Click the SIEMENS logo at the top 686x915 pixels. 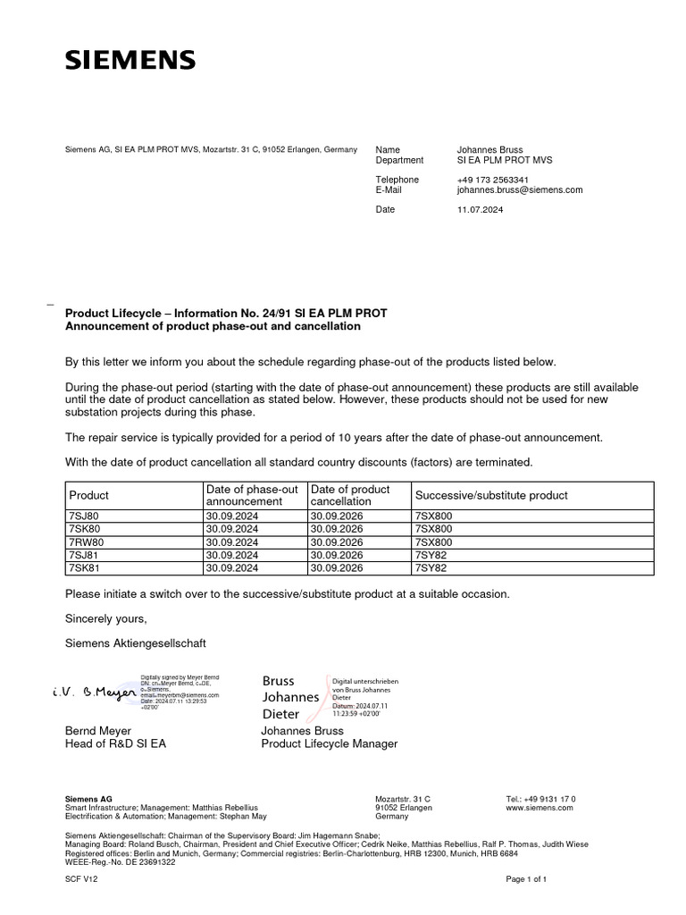pyautogui.click(x=130, y=60)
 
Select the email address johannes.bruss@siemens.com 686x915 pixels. pyautogui.click(x=519, y=190)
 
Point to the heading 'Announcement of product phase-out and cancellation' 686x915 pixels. pyautogui.click(x=213, y=326)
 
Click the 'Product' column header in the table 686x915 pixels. pyautogui.click(x=88, y=495)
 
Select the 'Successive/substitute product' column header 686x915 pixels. pyautogui.click(x=491, y=495)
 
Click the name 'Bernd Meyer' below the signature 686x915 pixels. pyautogui.click(x=98, y=731)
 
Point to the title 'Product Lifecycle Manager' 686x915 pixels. pyautogui.click(x=329, y=743)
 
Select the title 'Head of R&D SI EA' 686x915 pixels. pyautogui.click(x=115, y=743)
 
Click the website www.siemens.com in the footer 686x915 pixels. pyautogui.click(x=540, y=808)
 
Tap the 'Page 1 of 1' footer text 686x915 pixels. pyautogui.click(x=526, y=879)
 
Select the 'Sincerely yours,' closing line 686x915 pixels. pyautogui.click(x=105, y=618)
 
